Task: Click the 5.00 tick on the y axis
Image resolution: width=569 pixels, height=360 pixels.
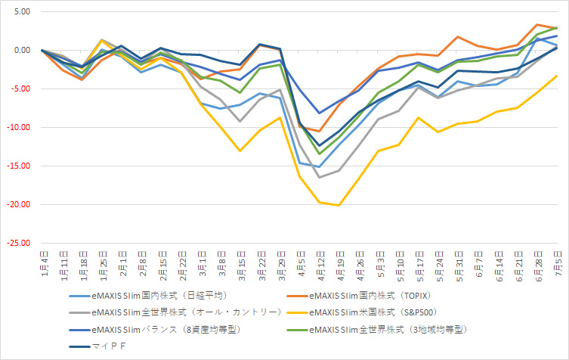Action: [x=19, y=12]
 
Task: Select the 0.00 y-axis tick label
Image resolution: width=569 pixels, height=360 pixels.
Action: [x=19, y=51]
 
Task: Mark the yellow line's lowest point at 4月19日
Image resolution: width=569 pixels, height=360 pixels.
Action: [x=340, y=205]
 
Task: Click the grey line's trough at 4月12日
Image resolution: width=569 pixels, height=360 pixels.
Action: [x=320, y=177]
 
